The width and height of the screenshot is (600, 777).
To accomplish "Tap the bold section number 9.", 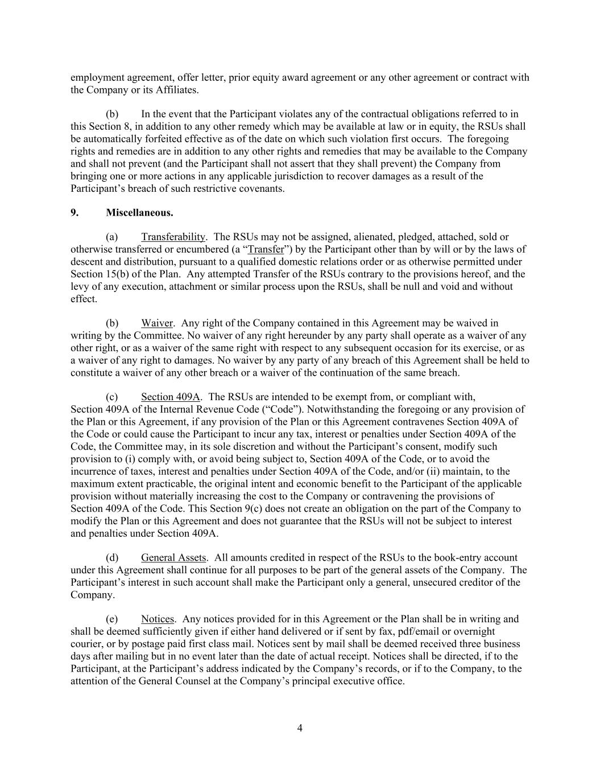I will (75, 212).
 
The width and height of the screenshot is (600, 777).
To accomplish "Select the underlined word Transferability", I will (173, 237).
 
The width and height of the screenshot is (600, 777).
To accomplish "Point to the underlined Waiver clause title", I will (156, 323).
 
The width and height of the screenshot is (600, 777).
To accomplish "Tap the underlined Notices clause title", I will (158, 619).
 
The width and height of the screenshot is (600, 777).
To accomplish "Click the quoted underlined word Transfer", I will (266, 249).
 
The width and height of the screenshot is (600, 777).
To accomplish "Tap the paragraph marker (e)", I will (111, 619).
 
